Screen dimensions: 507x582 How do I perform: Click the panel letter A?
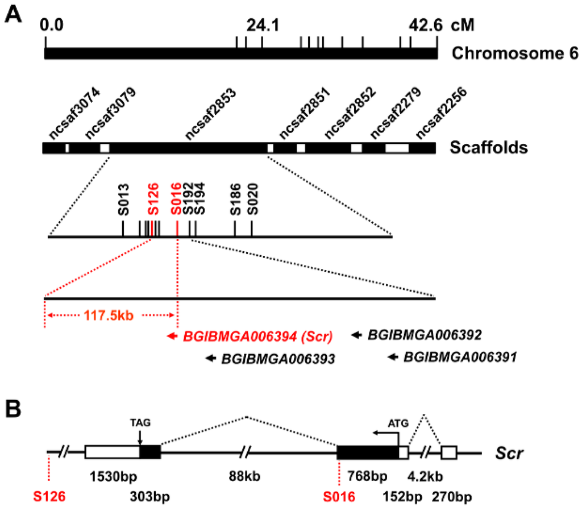[15, 14]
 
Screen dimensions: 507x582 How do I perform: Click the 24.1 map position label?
[261, 26]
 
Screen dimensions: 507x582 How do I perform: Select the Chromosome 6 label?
[516, 53]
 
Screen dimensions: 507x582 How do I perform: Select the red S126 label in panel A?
[151, 198]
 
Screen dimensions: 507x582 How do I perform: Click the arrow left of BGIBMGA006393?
[211, 358]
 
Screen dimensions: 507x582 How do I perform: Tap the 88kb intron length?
[245, 475]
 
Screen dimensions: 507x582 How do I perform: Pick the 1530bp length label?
[111, 475]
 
